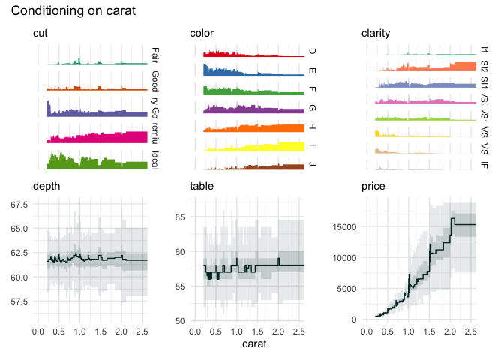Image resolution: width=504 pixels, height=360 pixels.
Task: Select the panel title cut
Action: pos(40,34)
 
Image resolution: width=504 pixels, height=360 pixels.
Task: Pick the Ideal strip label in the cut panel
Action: pos(154,160)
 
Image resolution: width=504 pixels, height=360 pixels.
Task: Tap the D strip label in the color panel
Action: pos(312,52)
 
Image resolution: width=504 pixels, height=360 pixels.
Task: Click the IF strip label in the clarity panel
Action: pos(484,163)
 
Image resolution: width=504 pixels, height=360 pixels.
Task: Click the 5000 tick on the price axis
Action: pos(346,289)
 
